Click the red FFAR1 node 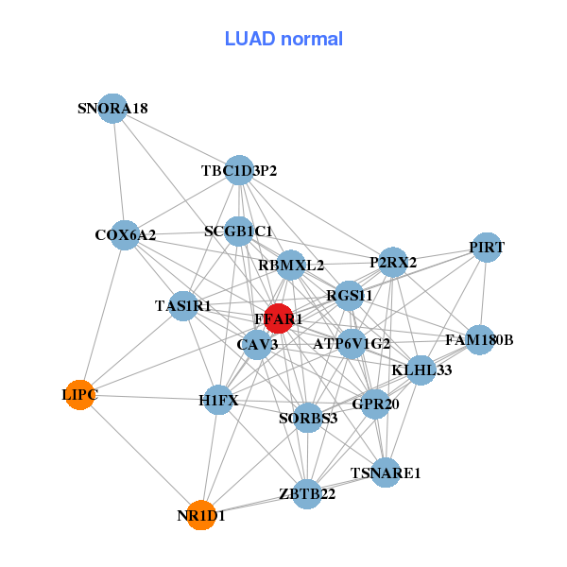click(x=278, y=319)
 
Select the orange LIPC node click(x=80, y=395)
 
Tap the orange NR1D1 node click(x=200, y=516)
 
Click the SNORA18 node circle click(x=112, y=109)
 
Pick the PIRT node click(x=486, y=248)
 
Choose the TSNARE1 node click(x=386, y=472)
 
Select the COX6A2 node click(x=125, y=234)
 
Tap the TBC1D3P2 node click(x=239, y=170)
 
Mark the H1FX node click(x=219, y=401)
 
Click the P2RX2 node click(x=393, y=262)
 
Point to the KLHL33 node click(x=421, y=369)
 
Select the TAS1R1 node click(x=183, y=306)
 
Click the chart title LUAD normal click(x=283, y=39)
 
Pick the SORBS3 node click(x=308, y=418)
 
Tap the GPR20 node click(x=375, y=404)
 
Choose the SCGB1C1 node click(x=238, y=232)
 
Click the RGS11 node click(x=350, y=296)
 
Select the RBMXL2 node click(x=291, y=266)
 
